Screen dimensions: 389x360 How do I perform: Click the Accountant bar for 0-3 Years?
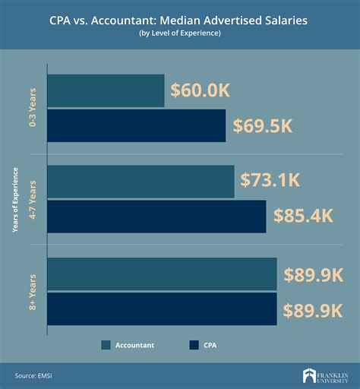106,91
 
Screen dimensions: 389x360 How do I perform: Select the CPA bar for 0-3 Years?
137,125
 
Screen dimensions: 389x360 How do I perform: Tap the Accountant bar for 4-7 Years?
141,182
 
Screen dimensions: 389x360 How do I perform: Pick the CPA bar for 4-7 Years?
156,217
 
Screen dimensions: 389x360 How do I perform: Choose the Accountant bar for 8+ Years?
162,274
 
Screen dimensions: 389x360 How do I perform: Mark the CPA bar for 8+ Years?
162,309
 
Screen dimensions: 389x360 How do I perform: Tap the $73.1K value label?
271,181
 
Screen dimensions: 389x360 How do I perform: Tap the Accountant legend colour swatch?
105,345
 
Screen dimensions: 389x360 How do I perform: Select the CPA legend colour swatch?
194,345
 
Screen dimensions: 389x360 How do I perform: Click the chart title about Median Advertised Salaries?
179,21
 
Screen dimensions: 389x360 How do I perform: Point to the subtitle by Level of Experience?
179,34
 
